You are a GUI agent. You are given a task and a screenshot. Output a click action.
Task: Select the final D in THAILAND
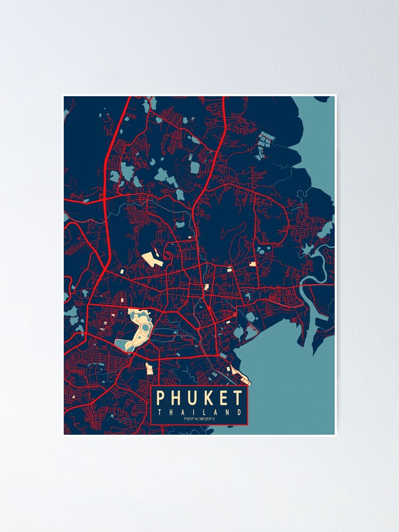tap(239, 412)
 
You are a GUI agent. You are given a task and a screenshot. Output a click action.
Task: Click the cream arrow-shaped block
tap(153, 259)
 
